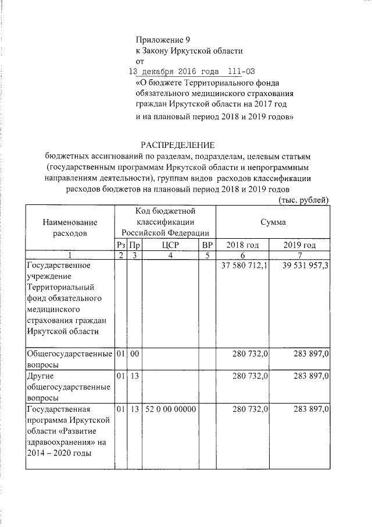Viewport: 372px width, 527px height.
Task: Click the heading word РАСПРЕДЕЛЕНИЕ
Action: [x=179, y=144]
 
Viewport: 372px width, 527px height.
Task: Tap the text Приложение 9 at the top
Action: [x=163, y=40]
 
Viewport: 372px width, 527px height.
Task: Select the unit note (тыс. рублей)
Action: [x=304, y=200]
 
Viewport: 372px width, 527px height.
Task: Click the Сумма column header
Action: [x=273, y=222]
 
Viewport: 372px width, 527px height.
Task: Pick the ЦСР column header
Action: [x=171, y=245]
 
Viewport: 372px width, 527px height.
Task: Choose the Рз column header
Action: [x=120, y=245]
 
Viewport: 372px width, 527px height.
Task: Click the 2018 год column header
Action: [x=242, y=245]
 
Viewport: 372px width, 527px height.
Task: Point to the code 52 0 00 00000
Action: [x=171, y=409]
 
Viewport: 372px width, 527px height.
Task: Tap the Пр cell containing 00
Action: [x=134, y=353]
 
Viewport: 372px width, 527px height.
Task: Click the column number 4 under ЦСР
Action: [x=171, y=255]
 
